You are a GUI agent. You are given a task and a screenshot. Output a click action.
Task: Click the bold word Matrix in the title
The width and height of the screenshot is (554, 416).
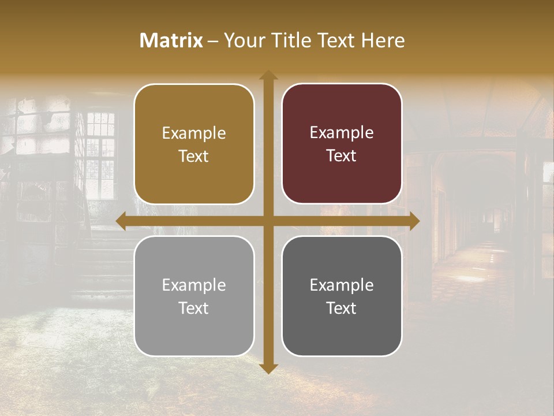(x=171, y=40)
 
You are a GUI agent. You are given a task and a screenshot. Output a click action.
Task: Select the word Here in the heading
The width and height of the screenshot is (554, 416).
(x=384, y=40)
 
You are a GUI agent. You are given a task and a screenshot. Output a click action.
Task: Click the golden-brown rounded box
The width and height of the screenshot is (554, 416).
(x=194, y=144)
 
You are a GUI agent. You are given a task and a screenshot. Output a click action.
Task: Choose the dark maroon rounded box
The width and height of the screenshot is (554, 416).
(x=342, y=144)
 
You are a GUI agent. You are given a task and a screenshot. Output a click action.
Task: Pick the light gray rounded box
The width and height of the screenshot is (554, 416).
(x=194, y=296)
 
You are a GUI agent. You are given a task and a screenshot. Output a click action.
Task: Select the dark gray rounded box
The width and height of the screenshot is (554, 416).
(x=342, y=296)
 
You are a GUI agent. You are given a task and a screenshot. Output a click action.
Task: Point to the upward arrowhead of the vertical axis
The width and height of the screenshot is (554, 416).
(x=268, y=76)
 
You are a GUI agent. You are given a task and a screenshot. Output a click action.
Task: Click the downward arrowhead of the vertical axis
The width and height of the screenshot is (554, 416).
(x=268, y=368)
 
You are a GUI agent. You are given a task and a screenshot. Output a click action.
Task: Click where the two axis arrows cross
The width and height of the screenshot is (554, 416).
(x=268, y=221)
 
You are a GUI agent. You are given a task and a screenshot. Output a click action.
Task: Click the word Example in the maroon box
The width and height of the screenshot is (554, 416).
(x=342, y=133)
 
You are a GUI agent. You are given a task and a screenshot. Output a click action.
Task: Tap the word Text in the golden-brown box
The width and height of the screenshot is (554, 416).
(x=194, y=156)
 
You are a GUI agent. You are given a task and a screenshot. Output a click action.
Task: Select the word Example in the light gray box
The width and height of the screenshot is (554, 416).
(x=194, y=285)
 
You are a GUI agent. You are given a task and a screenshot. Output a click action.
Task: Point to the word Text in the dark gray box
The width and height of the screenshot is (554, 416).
(x=342, y=308)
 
